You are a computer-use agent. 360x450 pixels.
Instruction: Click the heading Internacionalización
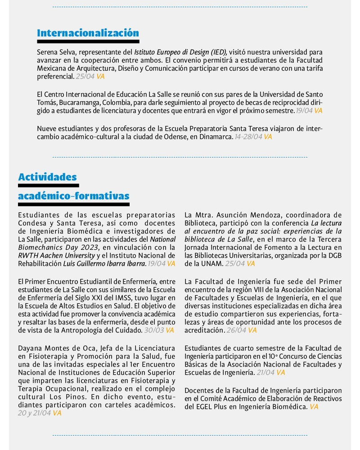[x=88, y=33]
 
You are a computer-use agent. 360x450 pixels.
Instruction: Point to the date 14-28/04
[x=248, y=136]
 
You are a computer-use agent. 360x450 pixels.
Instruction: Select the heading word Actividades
[x=47, y=177]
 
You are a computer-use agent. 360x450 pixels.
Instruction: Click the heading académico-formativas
[x=74, y=196]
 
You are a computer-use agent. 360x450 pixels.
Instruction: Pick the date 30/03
[x=153, y=330]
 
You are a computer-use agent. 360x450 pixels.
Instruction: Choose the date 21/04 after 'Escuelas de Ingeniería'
[x=265, y=373]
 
